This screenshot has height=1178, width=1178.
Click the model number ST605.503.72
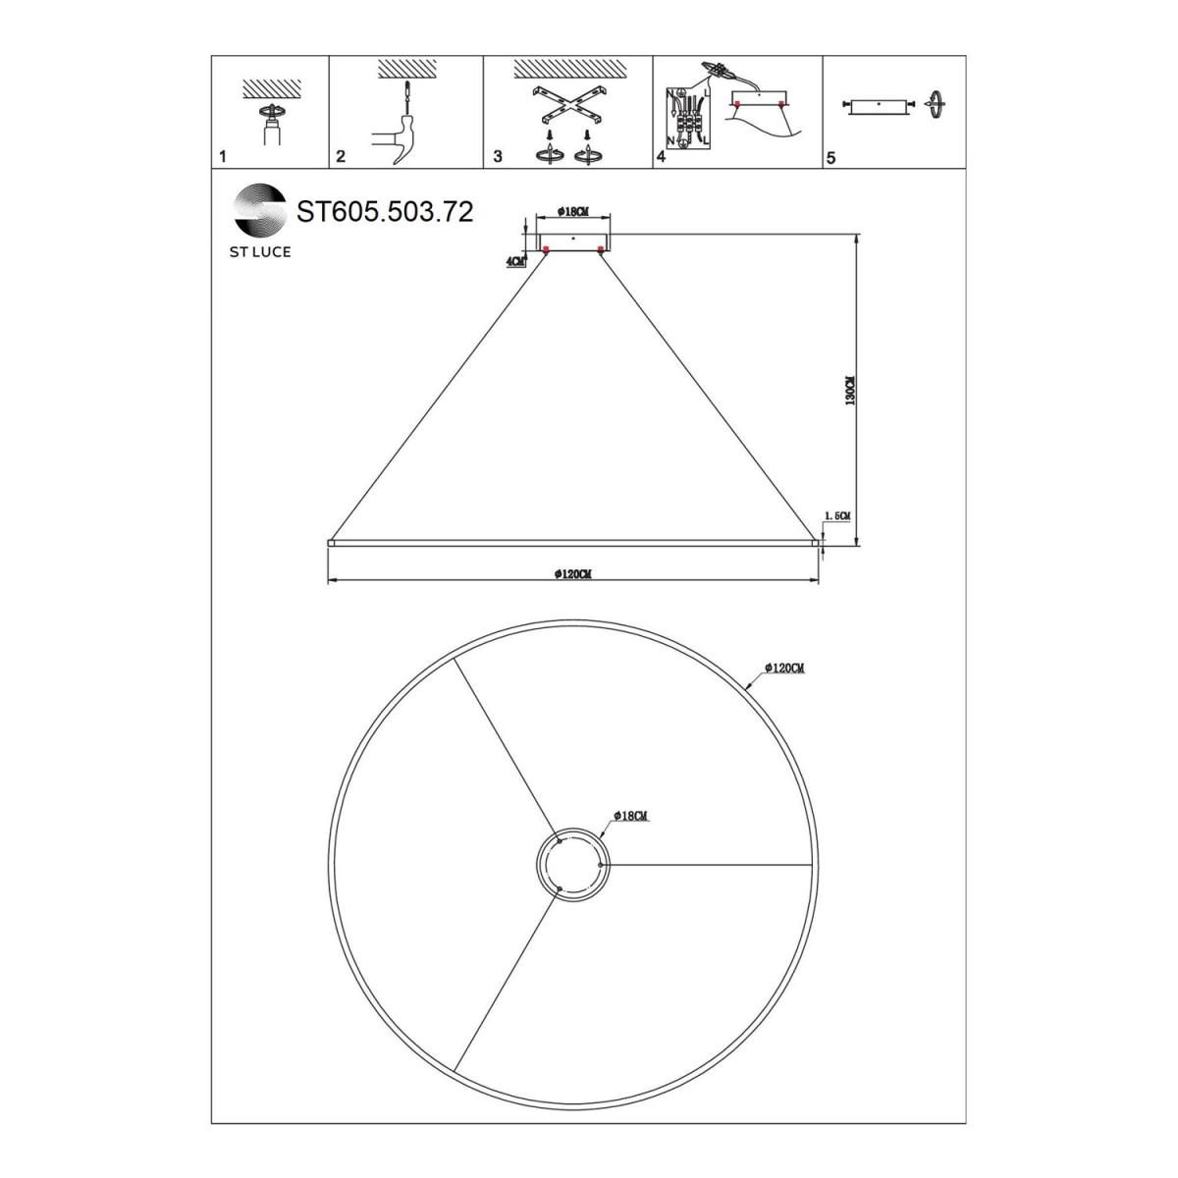pyautogui.click(x=385, y=211)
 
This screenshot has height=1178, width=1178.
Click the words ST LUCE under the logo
pyautogui.click(x=260, y=252)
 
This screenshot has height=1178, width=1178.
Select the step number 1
pyautogui.click(x=223, y=156)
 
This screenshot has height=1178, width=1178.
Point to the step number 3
pyautogui.click(x=497, y=156)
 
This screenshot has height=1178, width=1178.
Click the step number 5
pyautogui.click(x=830, y=158)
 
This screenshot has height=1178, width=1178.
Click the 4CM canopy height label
pyautogui.click(x=515, y=261)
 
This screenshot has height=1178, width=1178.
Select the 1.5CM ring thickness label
pyautogui.click(x=837, y=516)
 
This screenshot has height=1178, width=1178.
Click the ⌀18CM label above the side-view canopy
pyautogui.click(x=572, y=211)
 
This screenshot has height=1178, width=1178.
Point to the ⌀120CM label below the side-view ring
pyautogui.click(x=572, y=574)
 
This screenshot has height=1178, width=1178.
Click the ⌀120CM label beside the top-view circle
pyautogui.click(x=785, y=669)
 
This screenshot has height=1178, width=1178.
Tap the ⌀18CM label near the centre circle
pyautogui.click(x=630, y=816)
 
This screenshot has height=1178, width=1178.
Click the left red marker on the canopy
pyautogui.click(x=545, y=248)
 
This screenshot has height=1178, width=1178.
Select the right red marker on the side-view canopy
pyautogui.click(x=601, y=248)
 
